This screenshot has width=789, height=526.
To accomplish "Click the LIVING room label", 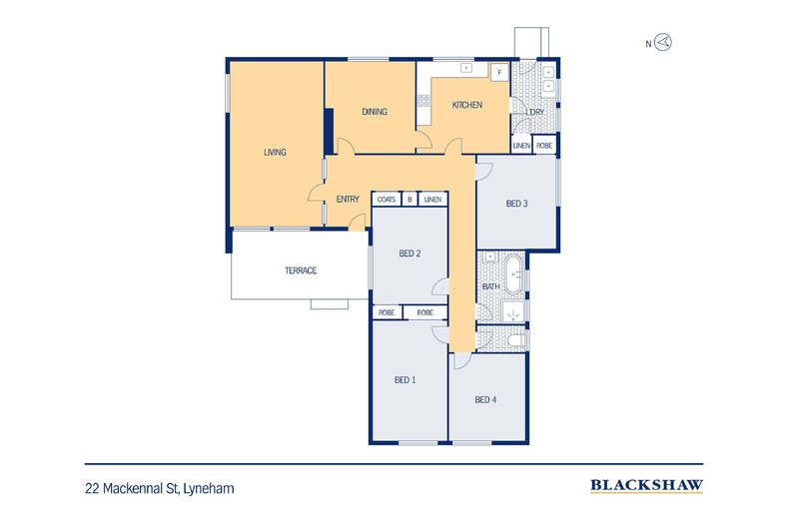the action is (275, 152).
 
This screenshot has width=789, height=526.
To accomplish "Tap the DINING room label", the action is (375, 112).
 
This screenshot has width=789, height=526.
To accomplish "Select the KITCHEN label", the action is (467, 105).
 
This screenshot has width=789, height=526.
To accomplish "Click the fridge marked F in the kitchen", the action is (499, 73).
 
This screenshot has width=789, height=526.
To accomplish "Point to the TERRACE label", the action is (301, 270).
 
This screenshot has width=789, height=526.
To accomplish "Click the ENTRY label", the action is (348, 200).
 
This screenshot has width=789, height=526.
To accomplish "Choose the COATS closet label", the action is (387, 200).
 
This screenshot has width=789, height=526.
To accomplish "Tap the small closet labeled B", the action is (409, 200).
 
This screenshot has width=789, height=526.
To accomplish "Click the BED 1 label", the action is (405, 380).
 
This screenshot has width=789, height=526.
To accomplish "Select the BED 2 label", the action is (409, 254).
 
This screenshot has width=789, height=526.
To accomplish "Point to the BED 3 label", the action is (516, 204).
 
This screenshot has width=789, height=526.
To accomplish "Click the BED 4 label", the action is (485, 400).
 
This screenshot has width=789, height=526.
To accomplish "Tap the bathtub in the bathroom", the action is (513, 275).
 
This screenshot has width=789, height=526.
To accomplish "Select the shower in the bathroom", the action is (512, 311).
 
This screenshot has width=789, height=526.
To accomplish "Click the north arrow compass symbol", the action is (663, 42).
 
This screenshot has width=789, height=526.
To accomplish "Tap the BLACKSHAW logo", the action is (646, 486).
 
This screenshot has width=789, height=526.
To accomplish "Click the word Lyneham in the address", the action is (209, 489).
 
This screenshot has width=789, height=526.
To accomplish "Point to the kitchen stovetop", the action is (423, 101).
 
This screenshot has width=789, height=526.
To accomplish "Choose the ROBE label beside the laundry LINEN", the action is (544, 146).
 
